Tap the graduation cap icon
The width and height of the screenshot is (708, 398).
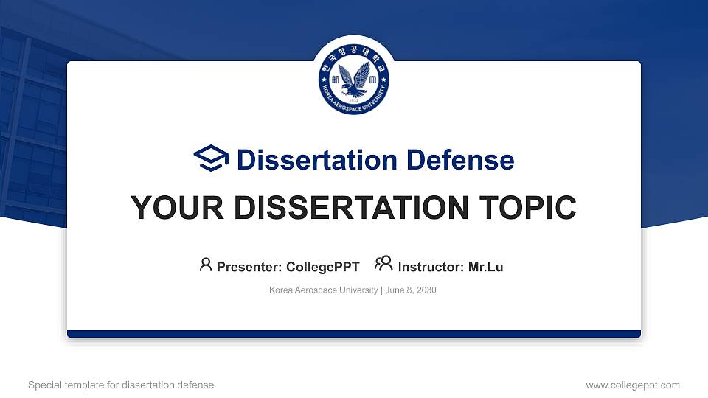(x=211, y=158)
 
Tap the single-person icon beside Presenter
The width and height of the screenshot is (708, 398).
(x=206, y=265)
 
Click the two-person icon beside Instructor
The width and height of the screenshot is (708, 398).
(x=383, y=265)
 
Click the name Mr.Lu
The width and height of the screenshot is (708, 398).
(x=486, y=267)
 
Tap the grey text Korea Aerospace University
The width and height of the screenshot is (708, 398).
(x=323, y=290)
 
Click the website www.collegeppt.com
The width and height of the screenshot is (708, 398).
(x=633, y=385)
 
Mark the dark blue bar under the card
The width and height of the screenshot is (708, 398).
(x=354, y=334)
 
